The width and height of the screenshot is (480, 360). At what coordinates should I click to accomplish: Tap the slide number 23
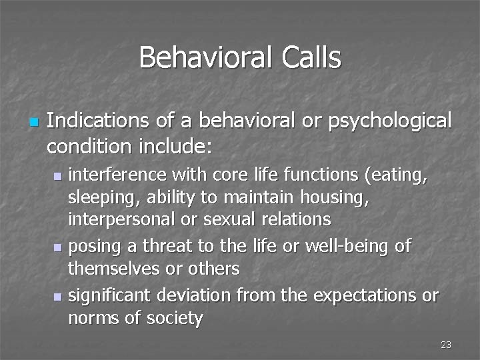coord(446,345)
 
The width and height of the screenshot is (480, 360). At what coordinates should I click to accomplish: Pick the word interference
coord(119,175)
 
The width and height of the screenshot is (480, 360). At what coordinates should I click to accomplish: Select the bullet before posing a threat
coord(59,247)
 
